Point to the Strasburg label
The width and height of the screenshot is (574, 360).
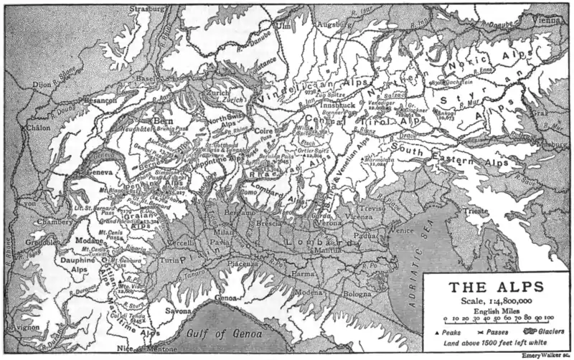click(x=144, y=9)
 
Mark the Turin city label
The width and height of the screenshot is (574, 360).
click(x=169, y=260)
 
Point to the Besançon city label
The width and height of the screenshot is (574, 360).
click(x=100, y=102)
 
